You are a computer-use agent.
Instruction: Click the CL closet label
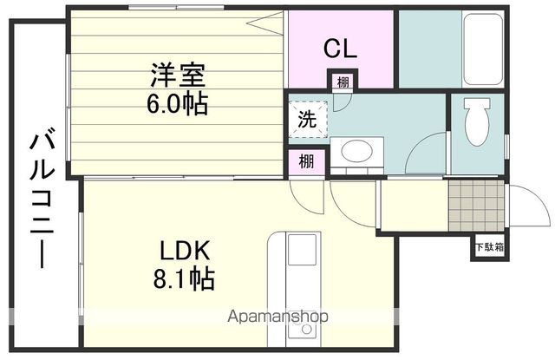click(340, 49)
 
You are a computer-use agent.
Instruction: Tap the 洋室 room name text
click(178, 75)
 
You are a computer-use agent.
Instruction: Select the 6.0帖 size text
click(177, 103)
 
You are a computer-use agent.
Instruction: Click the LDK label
click(185, 251)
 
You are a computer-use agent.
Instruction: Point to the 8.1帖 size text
click(184, 278)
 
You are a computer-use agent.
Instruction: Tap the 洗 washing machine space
click(307, 119)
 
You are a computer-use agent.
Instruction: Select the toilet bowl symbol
click(477, 121)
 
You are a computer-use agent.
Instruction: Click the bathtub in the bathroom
click(483, 49)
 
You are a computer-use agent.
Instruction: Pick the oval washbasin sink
click(356, 151)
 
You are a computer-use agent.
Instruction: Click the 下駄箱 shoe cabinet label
click(489, 247)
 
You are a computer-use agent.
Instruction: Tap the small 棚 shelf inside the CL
click(343, 82)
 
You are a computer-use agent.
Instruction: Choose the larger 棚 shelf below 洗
click(306, 162)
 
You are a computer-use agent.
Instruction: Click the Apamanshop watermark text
click(277, 316)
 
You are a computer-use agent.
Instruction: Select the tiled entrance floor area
click(476, 206)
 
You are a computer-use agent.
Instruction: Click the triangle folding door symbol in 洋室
click(266, 23)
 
